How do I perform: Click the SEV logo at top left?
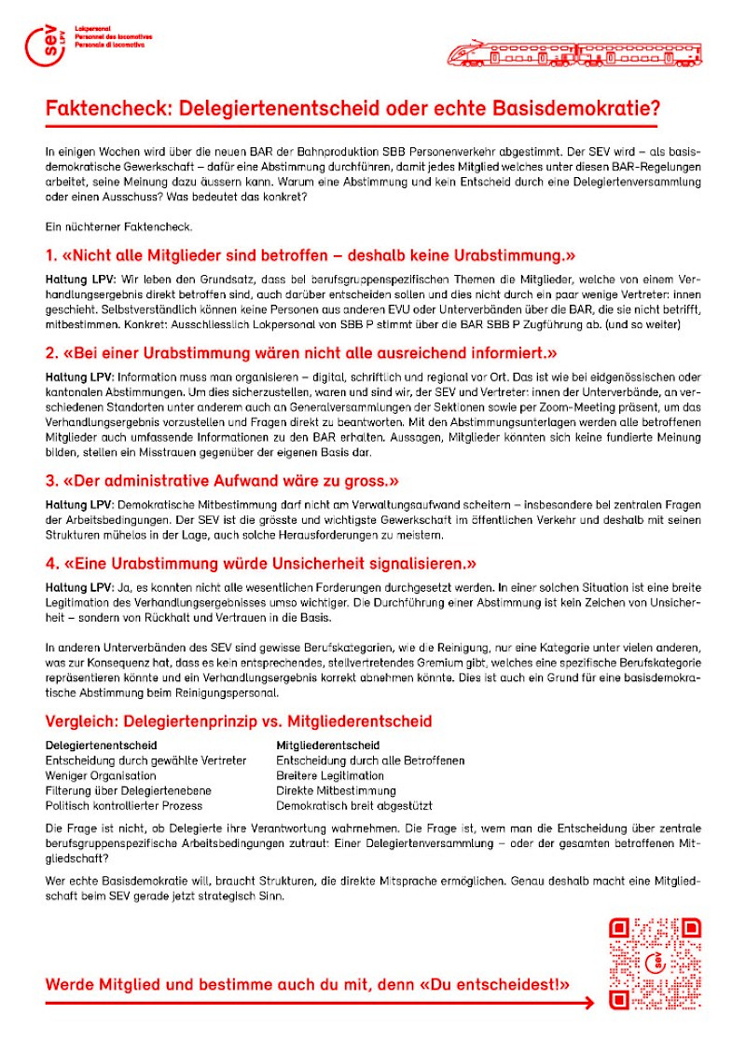(x=44, y=44)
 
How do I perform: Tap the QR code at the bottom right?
(x=655, y=964)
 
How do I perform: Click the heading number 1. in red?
(x=52, y=255)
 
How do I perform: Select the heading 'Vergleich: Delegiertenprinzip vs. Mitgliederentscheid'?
(x=238, y=721)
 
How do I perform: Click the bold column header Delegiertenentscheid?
(x=101, y=746)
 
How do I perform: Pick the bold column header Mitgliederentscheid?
(x=327, y=746)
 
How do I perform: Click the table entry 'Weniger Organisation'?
(x=101, y=775)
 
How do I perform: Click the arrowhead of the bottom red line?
(x=587, y=1003)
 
